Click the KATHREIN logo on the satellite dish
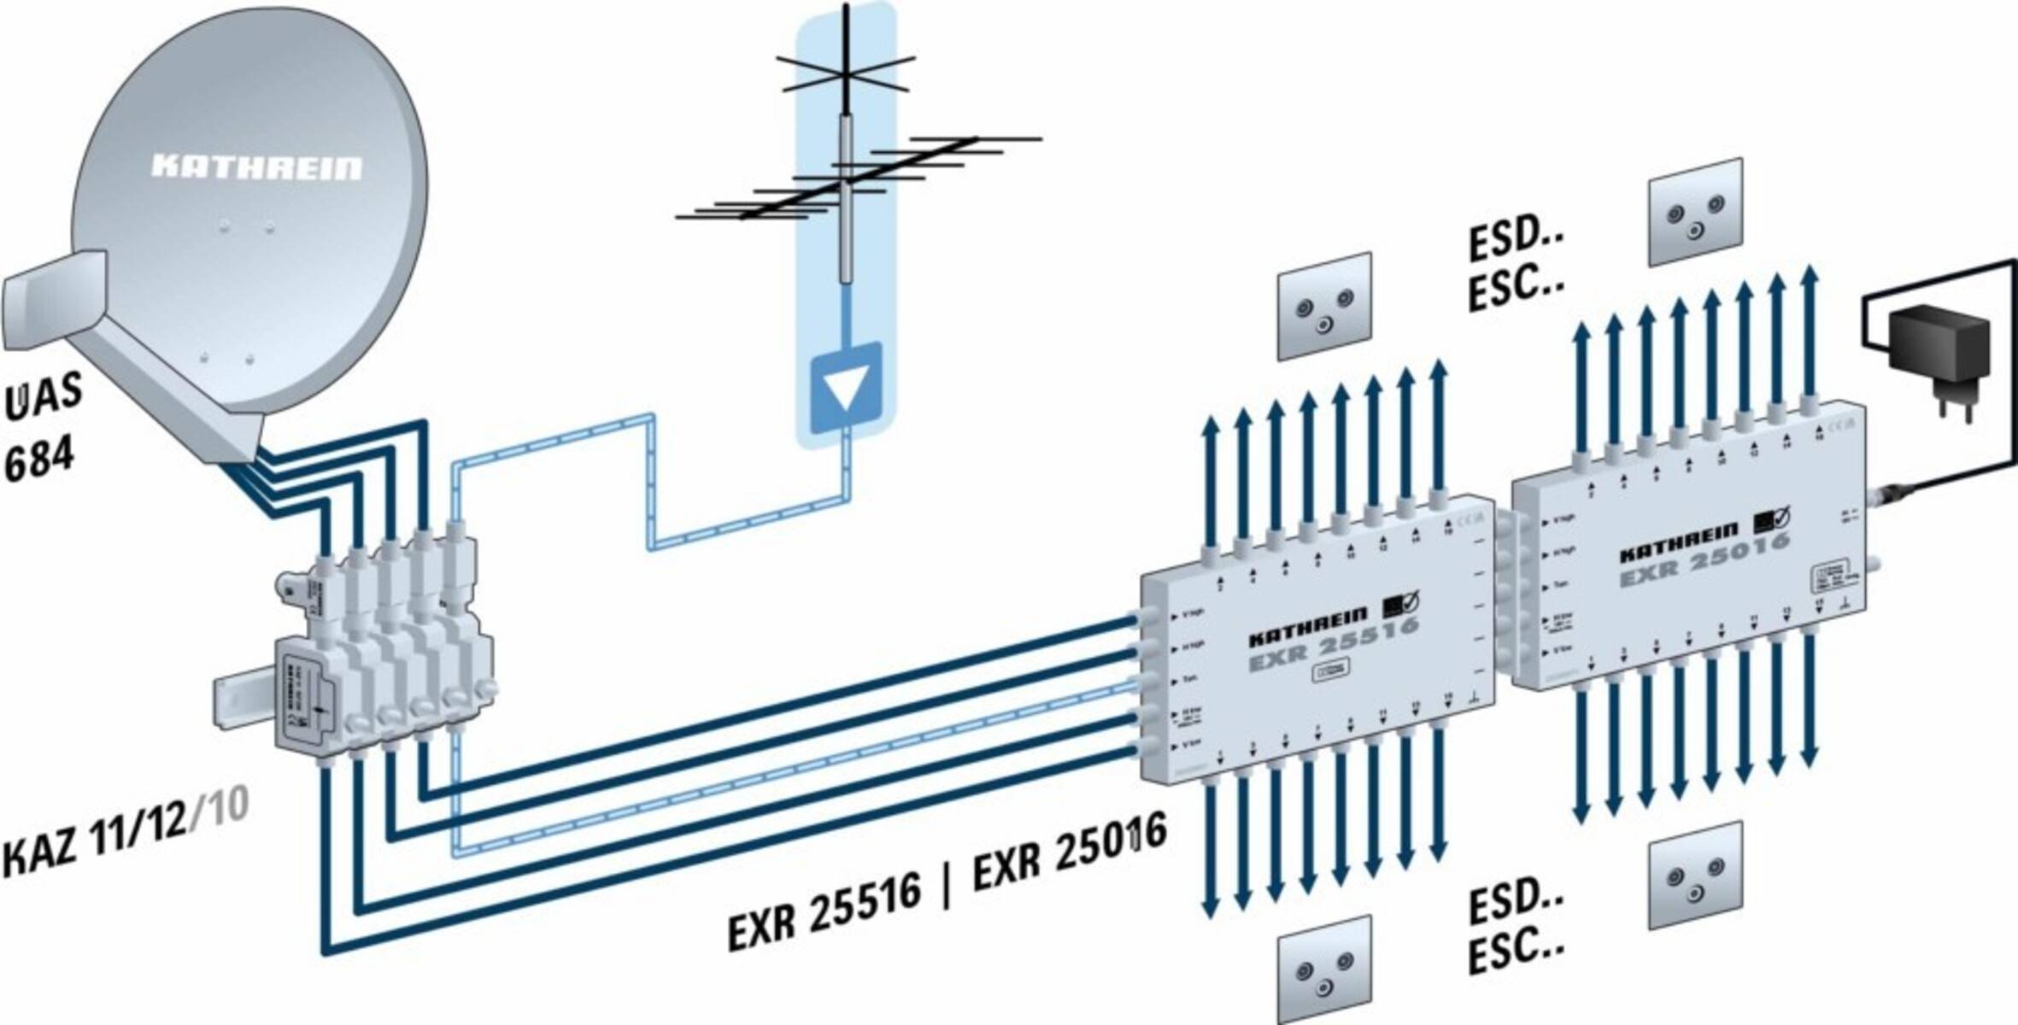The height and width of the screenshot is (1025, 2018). click(256, 167)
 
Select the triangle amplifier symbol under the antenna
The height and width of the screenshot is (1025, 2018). click(846, 387)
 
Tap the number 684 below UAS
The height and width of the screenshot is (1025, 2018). click(39, 462)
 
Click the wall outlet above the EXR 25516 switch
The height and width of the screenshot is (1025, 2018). click(1325, 306)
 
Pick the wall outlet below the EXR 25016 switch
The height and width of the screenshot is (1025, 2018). click(1696, 876)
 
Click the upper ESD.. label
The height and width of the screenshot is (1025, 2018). click(1516, 240)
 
